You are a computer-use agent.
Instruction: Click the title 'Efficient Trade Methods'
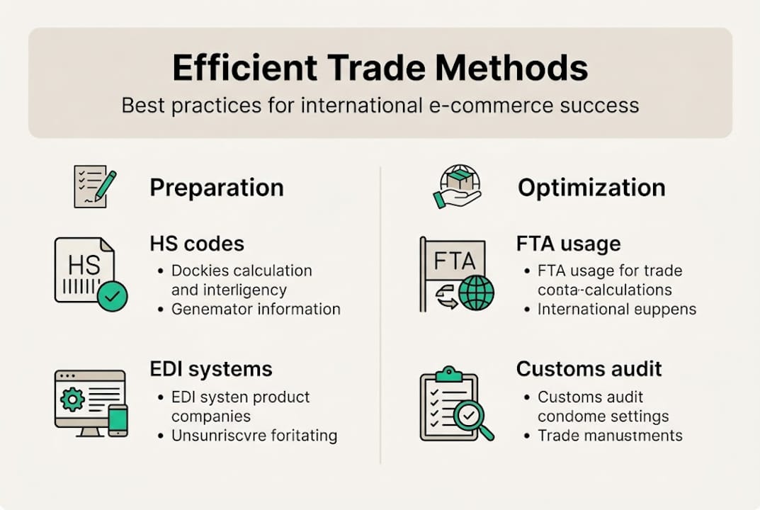[x=380, y=69]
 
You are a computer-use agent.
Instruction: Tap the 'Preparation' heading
[x=217, y=188]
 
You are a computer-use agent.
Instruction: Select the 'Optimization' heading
[x=591, y=188]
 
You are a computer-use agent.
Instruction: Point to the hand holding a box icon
[x=457, y=186]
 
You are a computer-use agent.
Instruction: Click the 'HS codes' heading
[x=197, y=244]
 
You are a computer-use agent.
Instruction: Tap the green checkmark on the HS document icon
[x=112, y=295]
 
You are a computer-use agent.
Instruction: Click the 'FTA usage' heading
[x=568, y=244]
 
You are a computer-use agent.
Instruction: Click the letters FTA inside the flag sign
[x=454, y=261]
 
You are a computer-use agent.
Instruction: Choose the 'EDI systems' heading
[x=211, y=369]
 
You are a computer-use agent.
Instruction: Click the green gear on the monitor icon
[x=72, y=399]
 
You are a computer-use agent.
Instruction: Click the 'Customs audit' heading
[x=589, y=369]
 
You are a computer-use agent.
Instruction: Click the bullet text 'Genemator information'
[x=256, y=309]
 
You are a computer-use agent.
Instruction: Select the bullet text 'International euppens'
[x=617, y=309]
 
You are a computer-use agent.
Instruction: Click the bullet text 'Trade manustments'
[x=610, y=435]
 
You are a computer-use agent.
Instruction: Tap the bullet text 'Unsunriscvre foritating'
[x=254, y=435]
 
